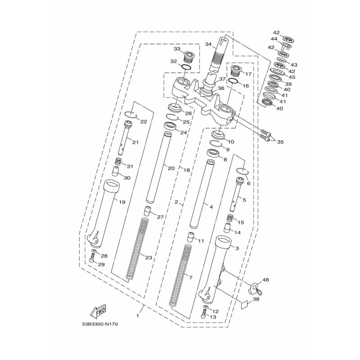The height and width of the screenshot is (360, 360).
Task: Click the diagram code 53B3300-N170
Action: pos(99,324)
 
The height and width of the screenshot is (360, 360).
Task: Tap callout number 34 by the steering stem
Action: pos(208,44)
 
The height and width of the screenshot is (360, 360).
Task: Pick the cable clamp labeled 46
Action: pos(255,289)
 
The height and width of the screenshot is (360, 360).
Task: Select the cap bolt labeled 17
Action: pos(235,71)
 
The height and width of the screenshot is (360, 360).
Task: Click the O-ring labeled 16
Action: pos(233,81)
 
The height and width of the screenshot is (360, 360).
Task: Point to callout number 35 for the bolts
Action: pos(280,142)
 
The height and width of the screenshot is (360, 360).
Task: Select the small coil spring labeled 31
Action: pos(118,162)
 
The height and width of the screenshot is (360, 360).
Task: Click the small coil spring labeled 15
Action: pos(230,217)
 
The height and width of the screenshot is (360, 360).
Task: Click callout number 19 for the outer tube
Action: pos(122,202)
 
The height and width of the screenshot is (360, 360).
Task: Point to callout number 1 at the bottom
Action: pos(138,316)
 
